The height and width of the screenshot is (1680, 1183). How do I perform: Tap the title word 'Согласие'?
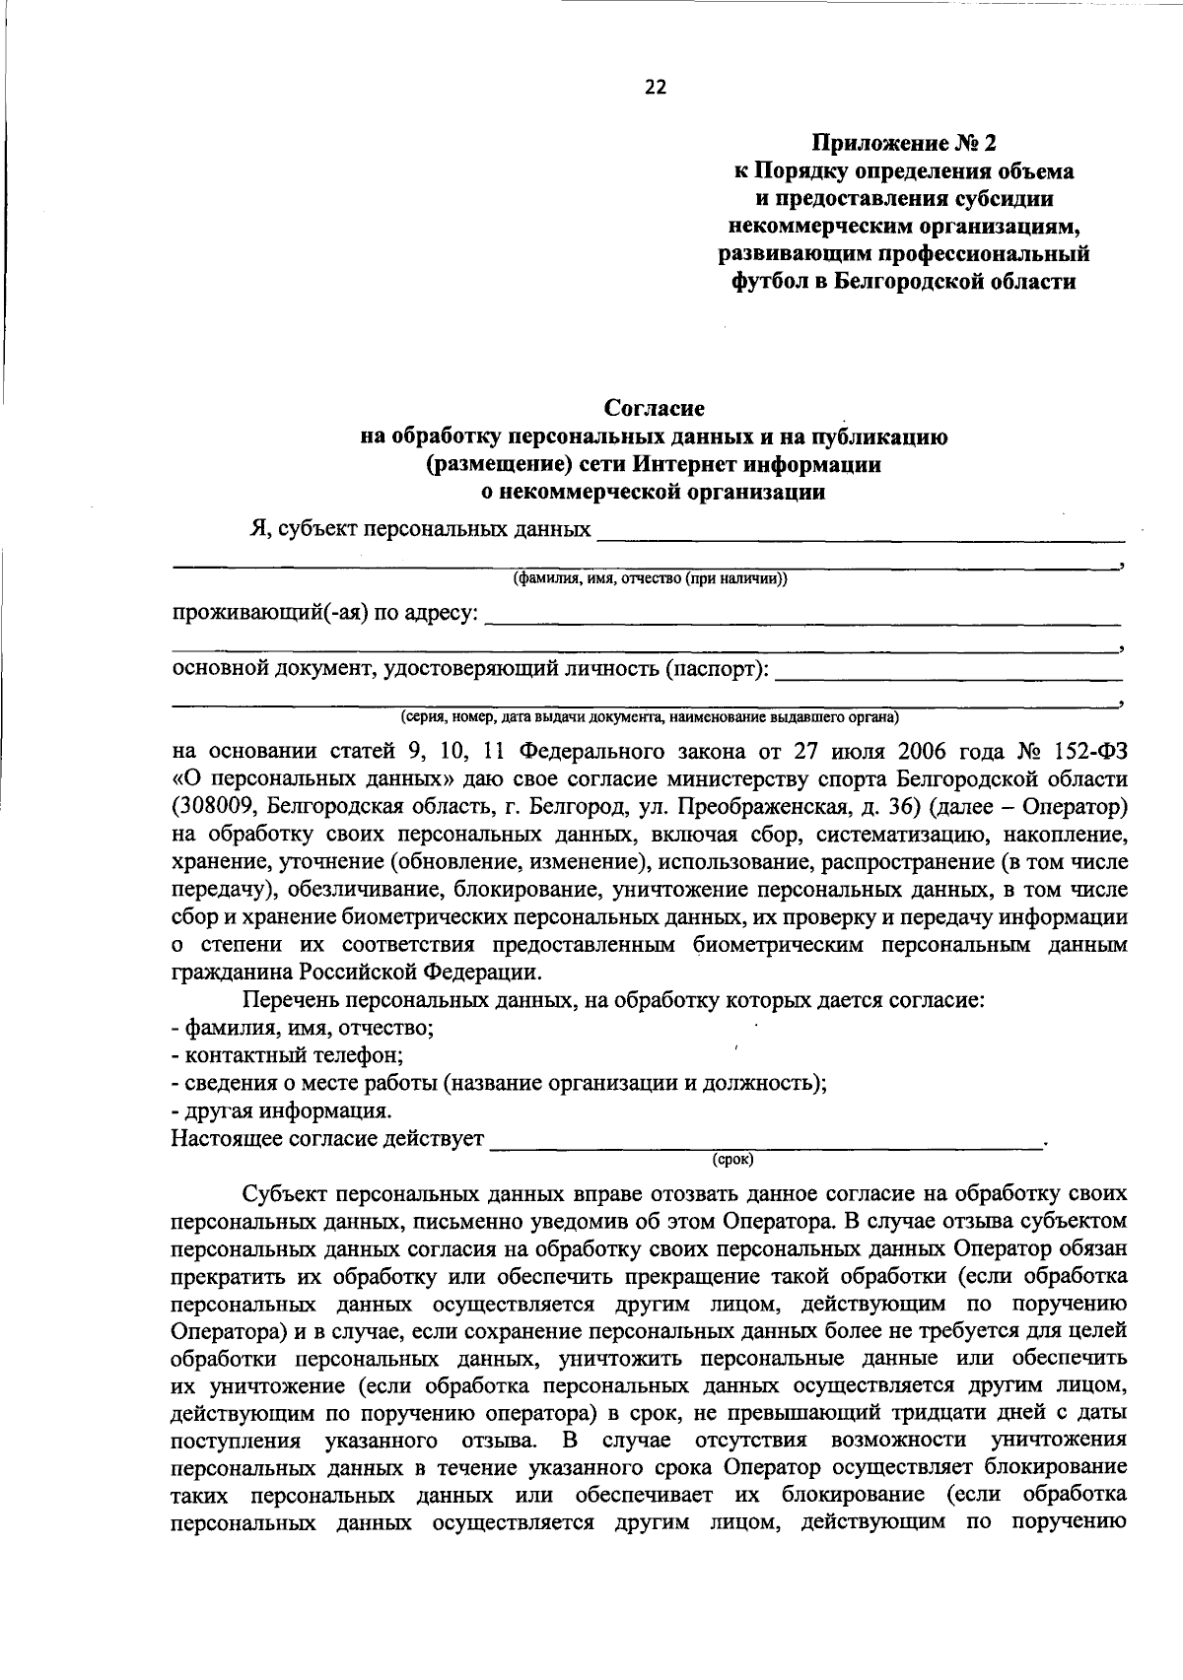click(x=655, y=407)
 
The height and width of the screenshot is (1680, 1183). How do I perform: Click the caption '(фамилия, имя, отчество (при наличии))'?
click(x=650, y=579)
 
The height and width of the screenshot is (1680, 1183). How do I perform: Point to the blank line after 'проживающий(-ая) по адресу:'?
click(x=803, y=621)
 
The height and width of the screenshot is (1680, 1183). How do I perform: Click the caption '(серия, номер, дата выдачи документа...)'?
click(x=649, y=716)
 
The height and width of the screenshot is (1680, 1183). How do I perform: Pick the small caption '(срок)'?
click(x=732, y=1160)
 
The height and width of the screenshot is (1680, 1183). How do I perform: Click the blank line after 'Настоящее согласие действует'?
click(x=766, y=1143)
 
